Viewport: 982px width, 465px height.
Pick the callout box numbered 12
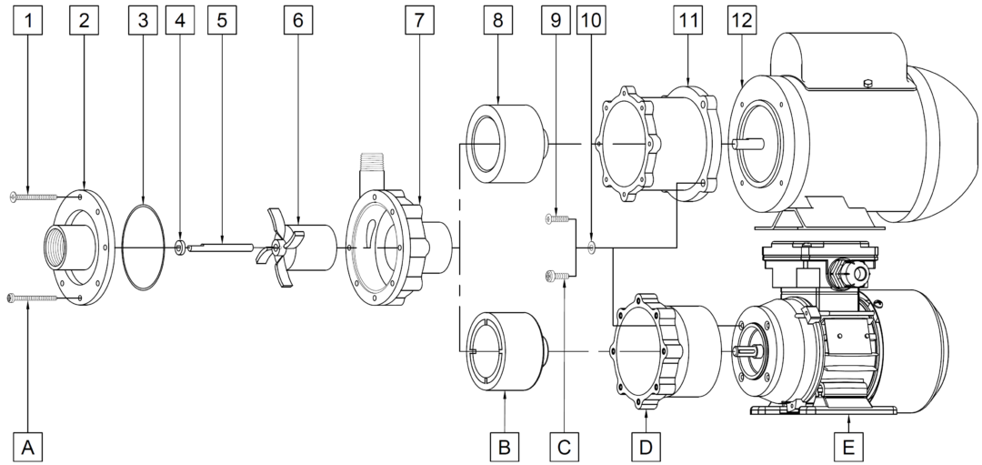pos(742,21)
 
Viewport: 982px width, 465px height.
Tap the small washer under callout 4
pos(180,247)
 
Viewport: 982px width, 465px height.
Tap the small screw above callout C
pos(558,274)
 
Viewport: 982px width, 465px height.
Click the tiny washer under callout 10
pos(592,247)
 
